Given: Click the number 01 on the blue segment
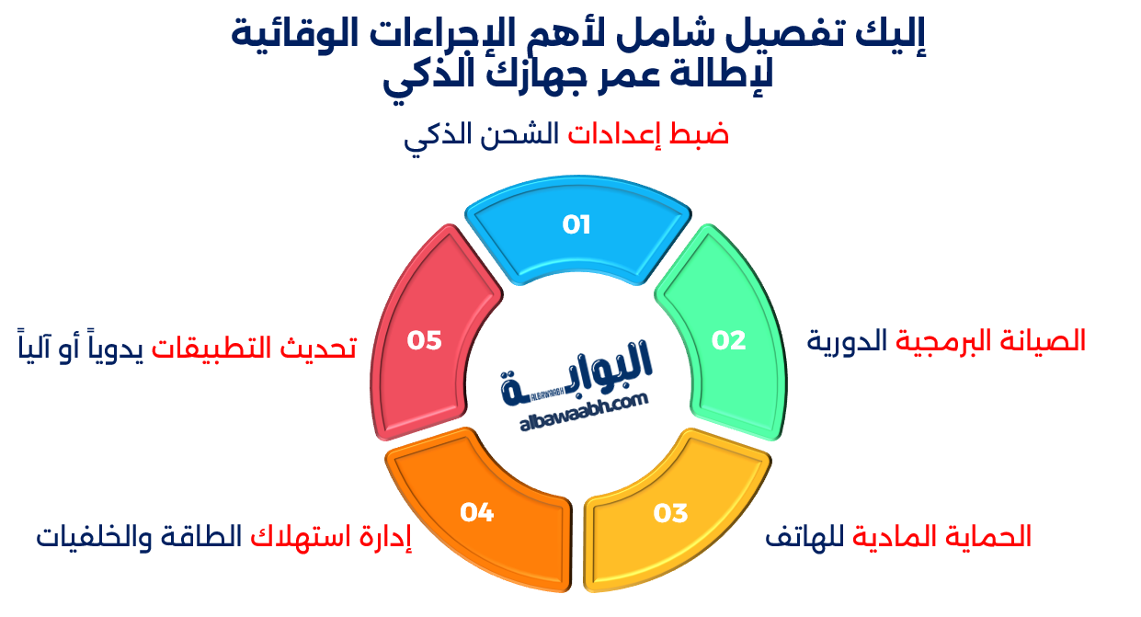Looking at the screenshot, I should tap(576, 224).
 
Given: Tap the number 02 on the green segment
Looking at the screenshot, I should tap(728, 340).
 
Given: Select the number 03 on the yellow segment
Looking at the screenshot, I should tap(670, 513).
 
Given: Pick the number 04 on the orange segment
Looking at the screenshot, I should tap(477, 512).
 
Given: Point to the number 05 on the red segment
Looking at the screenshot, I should tap(425, 340).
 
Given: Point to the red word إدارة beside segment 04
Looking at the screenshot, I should tap(383, 536).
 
